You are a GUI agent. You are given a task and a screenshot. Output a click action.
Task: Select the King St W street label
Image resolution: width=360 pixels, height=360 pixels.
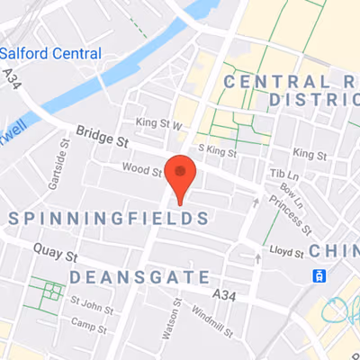coord(159,122)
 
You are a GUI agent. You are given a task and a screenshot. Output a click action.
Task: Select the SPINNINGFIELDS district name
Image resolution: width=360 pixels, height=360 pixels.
coord(108,219)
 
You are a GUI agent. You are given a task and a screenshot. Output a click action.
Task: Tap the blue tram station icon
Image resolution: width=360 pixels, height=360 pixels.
coord(319,274)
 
